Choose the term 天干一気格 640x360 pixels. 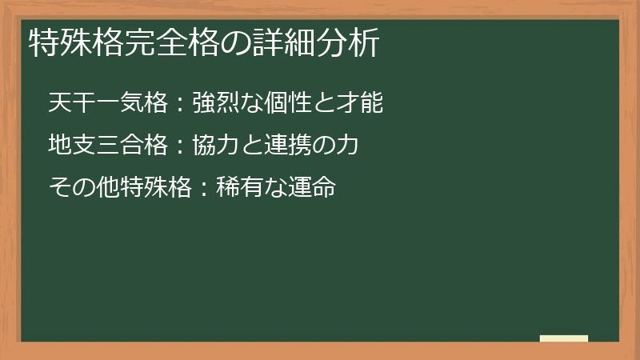pyautogui.click(x=107, y=103)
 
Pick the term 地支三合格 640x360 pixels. pyautogui.click(x=107, y=146)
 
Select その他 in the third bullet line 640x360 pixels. pyautogui.click(x=83, y=188)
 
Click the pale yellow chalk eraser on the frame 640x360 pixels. pyautogui.click(x=564, y=338)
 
